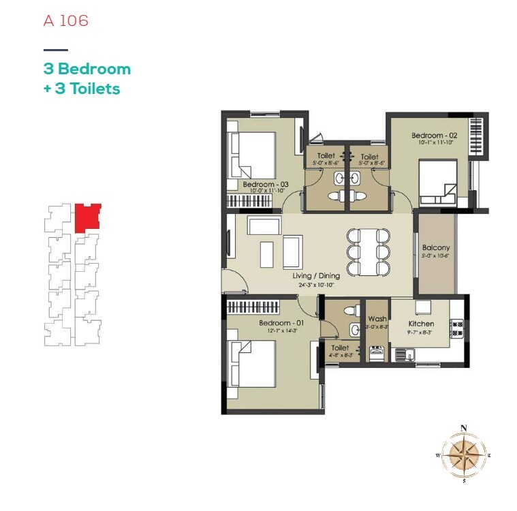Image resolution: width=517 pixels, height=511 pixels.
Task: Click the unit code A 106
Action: click(x=66, y=20)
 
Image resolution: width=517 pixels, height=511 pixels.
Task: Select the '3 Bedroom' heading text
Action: click(x=87, y=69)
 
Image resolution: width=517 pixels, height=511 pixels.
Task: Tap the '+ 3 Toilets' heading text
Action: click(x=82, y=89)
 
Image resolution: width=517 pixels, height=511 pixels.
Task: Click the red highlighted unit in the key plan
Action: click(x=87, y=216)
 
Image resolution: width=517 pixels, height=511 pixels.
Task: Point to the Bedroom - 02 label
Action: click(x=434, y=136)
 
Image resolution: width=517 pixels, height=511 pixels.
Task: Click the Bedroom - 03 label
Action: click(x=266, y=185)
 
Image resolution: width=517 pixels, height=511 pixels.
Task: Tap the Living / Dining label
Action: click(x=316, y=276)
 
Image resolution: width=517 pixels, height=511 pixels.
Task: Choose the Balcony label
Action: click(x=436, y=248)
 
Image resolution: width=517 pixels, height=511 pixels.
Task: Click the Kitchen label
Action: click(x=421, y=324)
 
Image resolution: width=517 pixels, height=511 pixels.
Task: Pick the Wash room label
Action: click(x=377, y=319)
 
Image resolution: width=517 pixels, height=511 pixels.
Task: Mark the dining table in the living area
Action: click(x=369, y=251)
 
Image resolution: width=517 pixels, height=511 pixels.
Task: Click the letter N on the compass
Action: click(x=464, y=428)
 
